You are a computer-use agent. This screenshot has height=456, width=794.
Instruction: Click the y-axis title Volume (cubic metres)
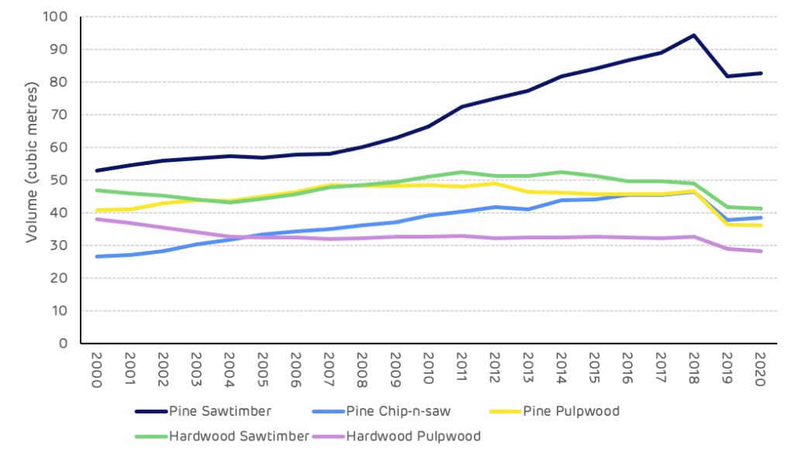32,180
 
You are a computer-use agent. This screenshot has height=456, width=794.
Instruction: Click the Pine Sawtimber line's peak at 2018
694,35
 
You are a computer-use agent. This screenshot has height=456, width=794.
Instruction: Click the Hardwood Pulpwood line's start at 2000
97,219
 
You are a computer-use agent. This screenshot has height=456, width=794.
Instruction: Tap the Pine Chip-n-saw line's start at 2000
97,256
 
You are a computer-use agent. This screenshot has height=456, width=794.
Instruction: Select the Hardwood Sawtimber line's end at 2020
760,208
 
